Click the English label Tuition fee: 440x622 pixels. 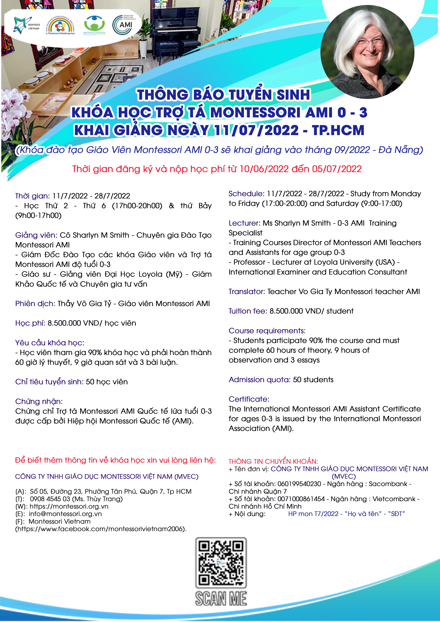point(247,311)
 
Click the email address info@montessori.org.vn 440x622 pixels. point(65,514)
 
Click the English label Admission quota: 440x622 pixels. point(259,380)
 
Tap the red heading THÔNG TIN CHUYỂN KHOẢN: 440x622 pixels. point(273,461)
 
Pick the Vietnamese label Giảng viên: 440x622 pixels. point(36,235)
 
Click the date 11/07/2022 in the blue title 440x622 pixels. point(257,130)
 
